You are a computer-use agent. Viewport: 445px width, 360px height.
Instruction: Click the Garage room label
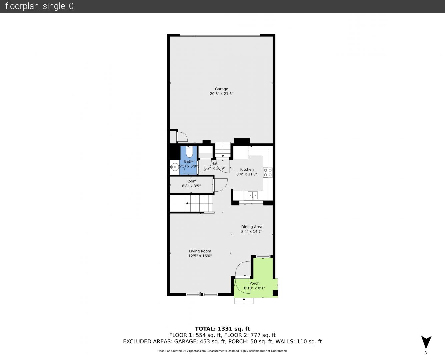pyautogui.click(x=221, y=89)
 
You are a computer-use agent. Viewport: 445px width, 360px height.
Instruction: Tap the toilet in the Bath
pyautogui.click(x=189, y=152)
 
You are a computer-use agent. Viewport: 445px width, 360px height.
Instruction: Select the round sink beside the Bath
pyautogui.click(x=174, y=167)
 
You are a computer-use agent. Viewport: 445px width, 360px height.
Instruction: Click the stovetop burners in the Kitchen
pyautogui.click(x=268, y=172)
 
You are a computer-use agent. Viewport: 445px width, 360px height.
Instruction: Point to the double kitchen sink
pyautogui.click(x=253, y=195)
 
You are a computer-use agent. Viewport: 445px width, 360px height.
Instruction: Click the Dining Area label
pyautogui.click(x=252, y=227)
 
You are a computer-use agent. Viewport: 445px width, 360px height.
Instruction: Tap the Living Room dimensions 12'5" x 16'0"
pyautogui.click(x=200, y=256)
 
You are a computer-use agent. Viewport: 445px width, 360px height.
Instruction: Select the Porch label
pyautogui.click(x=254, y=283)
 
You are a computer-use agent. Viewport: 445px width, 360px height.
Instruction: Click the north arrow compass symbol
pyautogui.click(x=426, y=342)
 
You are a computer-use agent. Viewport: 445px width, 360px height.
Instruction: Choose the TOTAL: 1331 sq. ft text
pyautogui.click(x=222, y=329)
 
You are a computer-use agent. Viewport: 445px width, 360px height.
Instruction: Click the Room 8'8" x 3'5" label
pyautogui.click(x=191, y=183)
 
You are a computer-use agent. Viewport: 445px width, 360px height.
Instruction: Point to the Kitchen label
pyautogui.click(x=247, y=169)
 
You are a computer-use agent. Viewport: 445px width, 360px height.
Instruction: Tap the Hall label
pyautogui.click(x=215, y=163)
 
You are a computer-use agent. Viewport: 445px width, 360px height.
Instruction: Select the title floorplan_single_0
pyautogui.click(x=39, y=6)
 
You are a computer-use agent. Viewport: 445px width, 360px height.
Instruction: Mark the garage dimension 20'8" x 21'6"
pyautogui.click(x=221, y=94)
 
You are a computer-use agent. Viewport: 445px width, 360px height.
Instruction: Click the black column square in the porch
pyautogui.click(x=275, y=293)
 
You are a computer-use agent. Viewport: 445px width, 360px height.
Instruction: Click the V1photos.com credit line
pyautogui.click(x=222, y=351)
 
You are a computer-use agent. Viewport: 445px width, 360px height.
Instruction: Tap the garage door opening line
pyautogui.click(x=220, y=35)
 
